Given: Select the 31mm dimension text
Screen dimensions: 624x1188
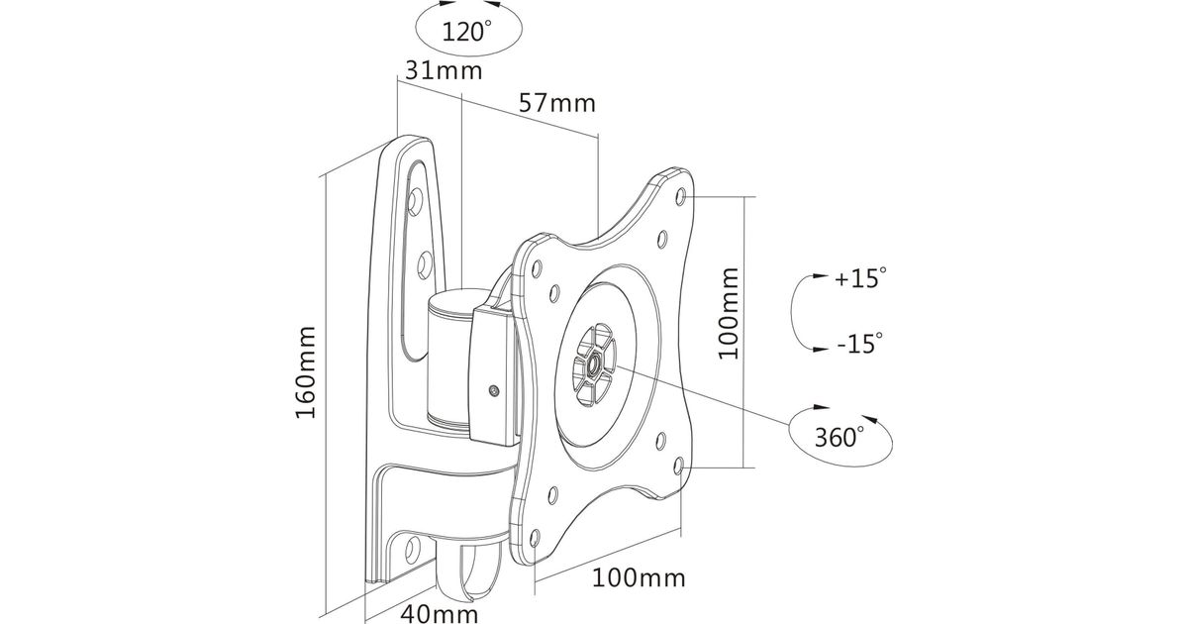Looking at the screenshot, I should point(443,70).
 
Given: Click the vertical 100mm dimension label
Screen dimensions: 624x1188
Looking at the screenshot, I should point(730,313).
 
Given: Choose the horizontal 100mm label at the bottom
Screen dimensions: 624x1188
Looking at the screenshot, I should point(639,577).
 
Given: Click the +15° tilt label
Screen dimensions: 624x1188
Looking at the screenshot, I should point(857,279).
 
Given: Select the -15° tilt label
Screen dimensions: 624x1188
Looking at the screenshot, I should point(857,345).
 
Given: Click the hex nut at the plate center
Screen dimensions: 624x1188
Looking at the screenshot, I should point(592,365).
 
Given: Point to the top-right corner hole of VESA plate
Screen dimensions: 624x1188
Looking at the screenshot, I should point(682,196).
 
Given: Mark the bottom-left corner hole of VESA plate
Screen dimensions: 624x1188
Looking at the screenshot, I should point(536,538).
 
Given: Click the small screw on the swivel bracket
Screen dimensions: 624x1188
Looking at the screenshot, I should point(493,390).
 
